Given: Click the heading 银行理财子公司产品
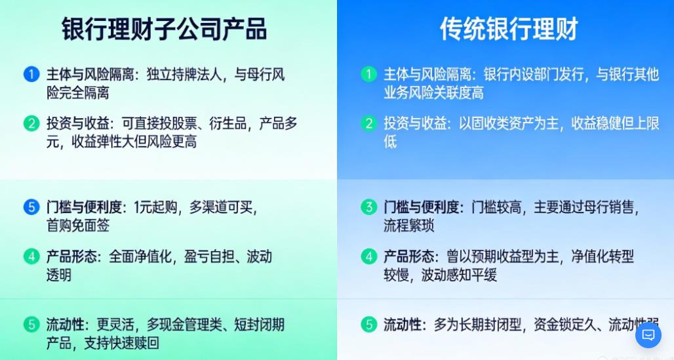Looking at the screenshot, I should pyautogui.click(x=164, y=30).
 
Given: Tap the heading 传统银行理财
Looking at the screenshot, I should pyautogui.click(x=509, y=30).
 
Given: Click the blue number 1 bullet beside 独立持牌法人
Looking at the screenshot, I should pyautogui.click(x=31, y=74).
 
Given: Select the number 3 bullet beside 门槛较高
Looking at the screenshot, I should pyautogui.click(x=369, y=207).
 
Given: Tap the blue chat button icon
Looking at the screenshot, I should pyautogui.click(x=648, y=335).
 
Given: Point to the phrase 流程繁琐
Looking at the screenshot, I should pyautogui.click(x=409, y=226).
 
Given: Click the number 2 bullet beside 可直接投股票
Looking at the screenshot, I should pyautogui.click(x=31, y=123).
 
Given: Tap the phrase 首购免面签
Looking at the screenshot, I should pyautogui.click(x=78, y=226).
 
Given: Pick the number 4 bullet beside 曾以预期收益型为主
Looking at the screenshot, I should pyautogui.click(x=369, y=256).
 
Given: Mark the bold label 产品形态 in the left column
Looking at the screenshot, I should pyautogui.click(x=72, y=256).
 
